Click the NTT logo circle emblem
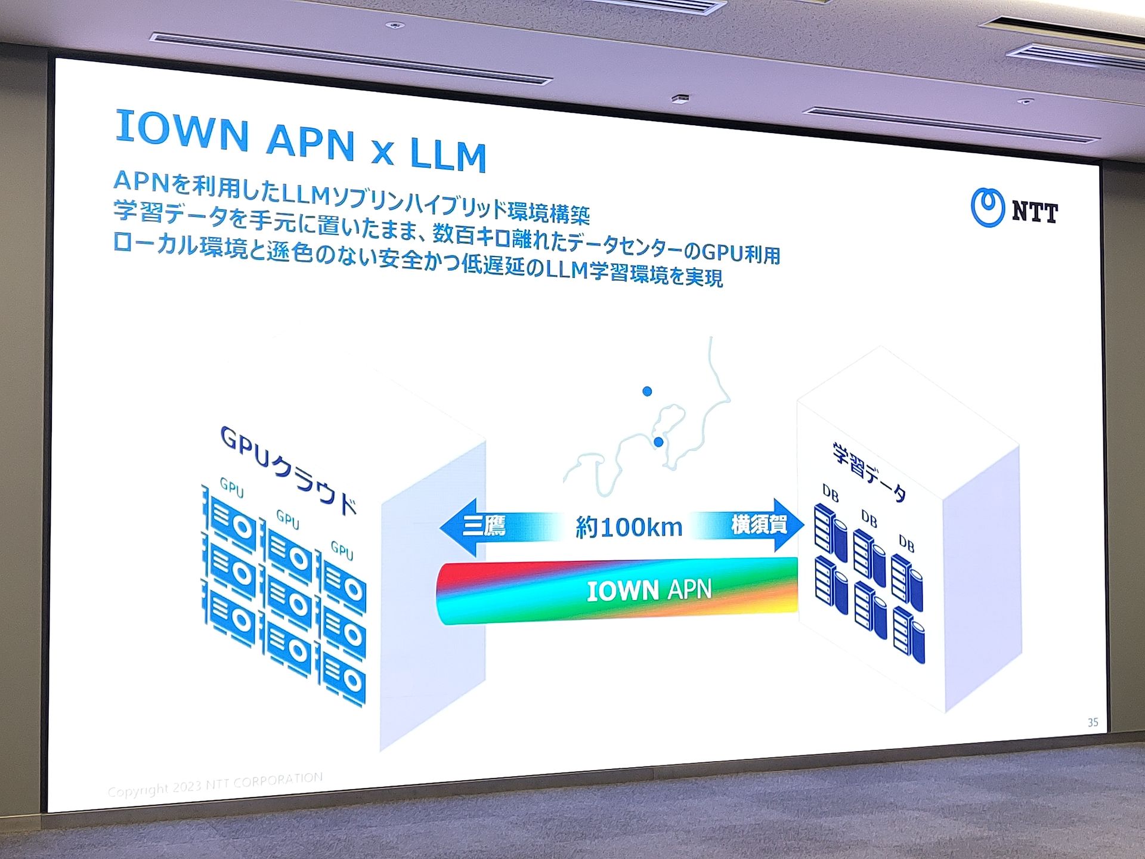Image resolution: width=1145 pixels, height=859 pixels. pyautogui.click(x=988, y=208)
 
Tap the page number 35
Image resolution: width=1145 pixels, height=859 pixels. pyautogui.click(x=1093, y=722)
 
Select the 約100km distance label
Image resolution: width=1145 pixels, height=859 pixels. pyautogui.click(x=629, y=527)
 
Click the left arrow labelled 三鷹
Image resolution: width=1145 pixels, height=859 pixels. pyautogui.click(x=477, y=526)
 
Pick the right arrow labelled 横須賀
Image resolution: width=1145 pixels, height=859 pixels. pyautogui.click(x=766, y=525)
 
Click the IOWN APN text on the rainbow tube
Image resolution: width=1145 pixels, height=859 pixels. pyautogui.click(x=649, y=591)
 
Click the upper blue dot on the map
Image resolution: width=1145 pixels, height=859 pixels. pyautogui.click(x=647, y=391)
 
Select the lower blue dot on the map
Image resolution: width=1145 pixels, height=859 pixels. pyautogui.click(x=658, y=442)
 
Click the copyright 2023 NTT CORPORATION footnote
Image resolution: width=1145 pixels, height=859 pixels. pyautogui.click(x=215, y=785)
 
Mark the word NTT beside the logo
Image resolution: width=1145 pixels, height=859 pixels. pyautogui.click(x=1035, y=212)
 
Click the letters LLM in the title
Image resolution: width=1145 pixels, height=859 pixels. pyautogui.click(x=448, y=155)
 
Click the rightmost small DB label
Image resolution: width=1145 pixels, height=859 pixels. pyautogui.click(x=906, y=543)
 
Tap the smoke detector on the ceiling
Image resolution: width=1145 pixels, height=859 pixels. pyautogui.click(x=680, y=99)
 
